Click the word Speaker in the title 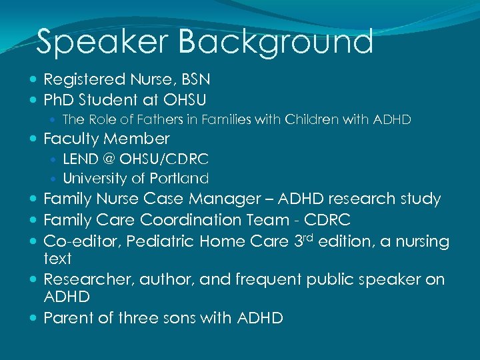click(x=103, y=42)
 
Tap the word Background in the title click(x=276, y=42)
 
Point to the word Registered click(x=85, y=80)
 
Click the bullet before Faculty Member click(x=34, y=139)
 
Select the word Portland click(x=181, y=179)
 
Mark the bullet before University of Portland click(x=55, y=179)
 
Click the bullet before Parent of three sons click(x=34, y=319)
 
